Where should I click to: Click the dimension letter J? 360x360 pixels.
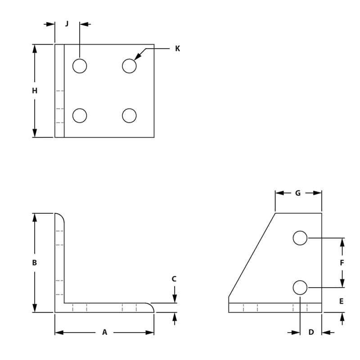(x=67, y=24)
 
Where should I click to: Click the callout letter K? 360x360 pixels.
(x=177, y=49)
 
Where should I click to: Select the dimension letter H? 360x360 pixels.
(x=35, y=91)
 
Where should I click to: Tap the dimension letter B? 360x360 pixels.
(x=35, y=263)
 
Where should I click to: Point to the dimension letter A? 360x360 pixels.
(x=104, y=333)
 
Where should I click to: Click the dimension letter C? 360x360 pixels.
(x=175, y=279)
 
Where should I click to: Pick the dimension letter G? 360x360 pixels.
(x=298, y=193)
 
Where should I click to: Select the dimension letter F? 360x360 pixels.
(x=342, y=263)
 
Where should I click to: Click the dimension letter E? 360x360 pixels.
(x=342, y=301)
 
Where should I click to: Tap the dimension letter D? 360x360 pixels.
(x=311, y=333)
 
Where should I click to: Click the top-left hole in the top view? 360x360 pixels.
(x=80, y=66)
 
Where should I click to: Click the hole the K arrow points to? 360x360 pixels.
(x=129, y=66)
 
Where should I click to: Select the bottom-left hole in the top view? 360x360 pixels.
(x=80, y=116)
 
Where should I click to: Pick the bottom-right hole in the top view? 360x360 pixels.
(x=129, y=116)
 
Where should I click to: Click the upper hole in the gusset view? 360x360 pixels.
(x=300, y=238)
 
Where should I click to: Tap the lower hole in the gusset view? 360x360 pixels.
(x=300, y=287)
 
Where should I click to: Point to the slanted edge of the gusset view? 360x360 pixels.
(x=252, y=255)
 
